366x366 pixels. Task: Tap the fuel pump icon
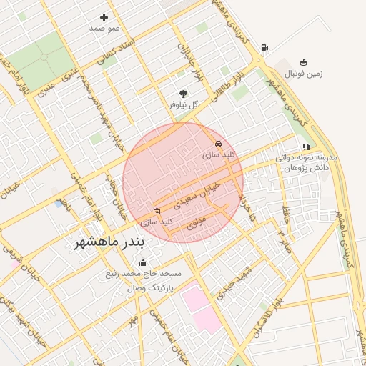265,48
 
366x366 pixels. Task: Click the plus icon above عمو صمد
104,17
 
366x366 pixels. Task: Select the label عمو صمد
104,29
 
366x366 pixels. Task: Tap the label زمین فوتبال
305,74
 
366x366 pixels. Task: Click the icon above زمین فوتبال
304,62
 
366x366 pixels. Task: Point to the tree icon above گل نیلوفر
183,93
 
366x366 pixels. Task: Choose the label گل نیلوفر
183,104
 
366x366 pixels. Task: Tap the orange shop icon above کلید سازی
157,212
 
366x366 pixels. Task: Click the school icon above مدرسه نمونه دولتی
306,147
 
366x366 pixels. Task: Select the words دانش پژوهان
305,168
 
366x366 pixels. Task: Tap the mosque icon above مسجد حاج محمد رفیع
142,263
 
